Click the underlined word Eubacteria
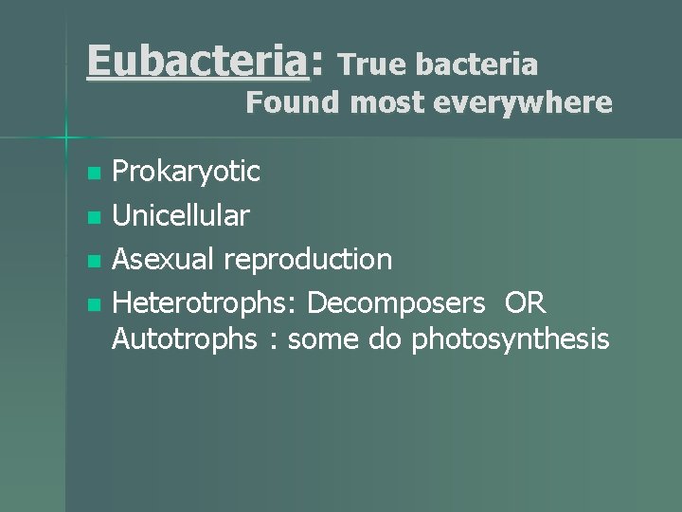tap(196, 63)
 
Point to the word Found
tap(292, 102)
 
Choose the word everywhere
tap(522, 102)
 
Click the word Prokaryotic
tap(186, 172)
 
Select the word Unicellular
tap(181, 216)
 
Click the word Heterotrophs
tap(205, 302)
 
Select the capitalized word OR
tap(526, 302)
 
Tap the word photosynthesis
tap(511, 338)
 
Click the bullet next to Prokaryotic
tap(93, 174)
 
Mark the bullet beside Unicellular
tap(93, 217)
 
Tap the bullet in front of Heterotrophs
tap(93, 304)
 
